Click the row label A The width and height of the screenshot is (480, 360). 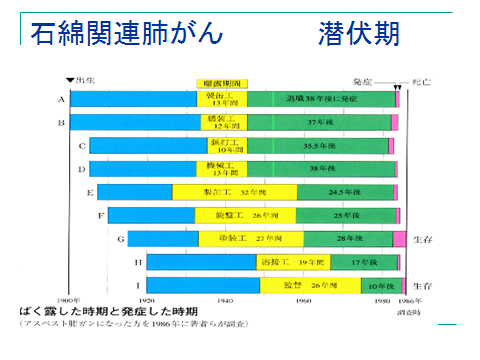point(62,100)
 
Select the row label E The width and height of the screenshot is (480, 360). point(89,191)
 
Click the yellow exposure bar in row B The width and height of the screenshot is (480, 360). point(221,122)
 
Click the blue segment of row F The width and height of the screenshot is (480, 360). point(151,215)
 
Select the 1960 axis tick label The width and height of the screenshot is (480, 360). point(303,301)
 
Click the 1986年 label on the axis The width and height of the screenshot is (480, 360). point(402,301)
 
